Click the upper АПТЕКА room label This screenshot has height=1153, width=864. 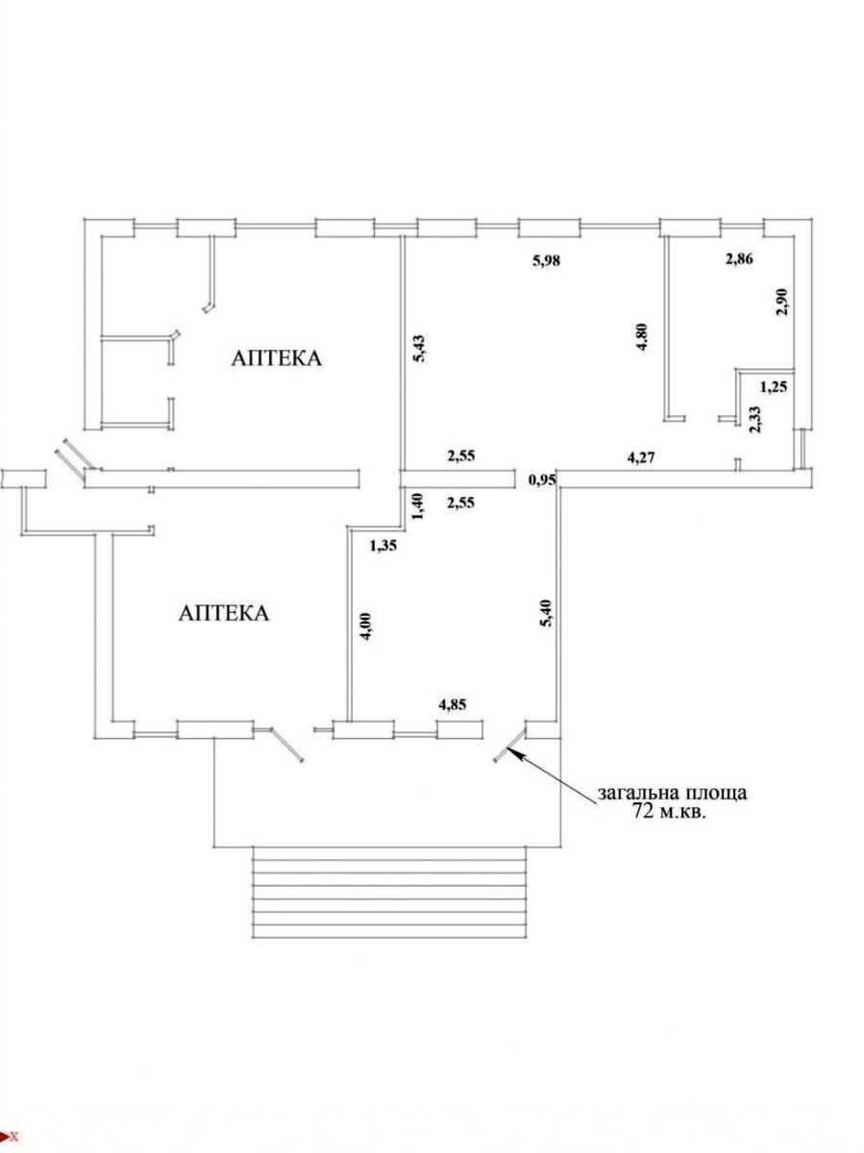tap(276, 358)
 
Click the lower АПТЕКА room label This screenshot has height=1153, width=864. tap(224, 613)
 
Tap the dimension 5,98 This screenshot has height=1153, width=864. tap(546, 260)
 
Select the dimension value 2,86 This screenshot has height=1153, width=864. tap(739, 258)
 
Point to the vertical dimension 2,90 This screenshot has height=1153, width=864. tap(782, 302)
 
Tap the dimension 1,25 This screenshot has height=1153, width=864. tap(774, 387)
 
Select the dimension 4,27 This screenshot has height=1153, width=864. tap(641, 457)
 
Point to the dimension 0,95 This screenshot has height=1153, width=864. tap(542, 480)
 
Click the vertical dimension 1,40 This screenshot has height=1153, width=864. tap(419, 506)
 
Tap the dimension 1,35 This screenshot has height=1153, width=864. tap(383, 547)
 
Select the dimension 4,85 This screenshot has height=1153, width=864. tap(453, 704)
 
